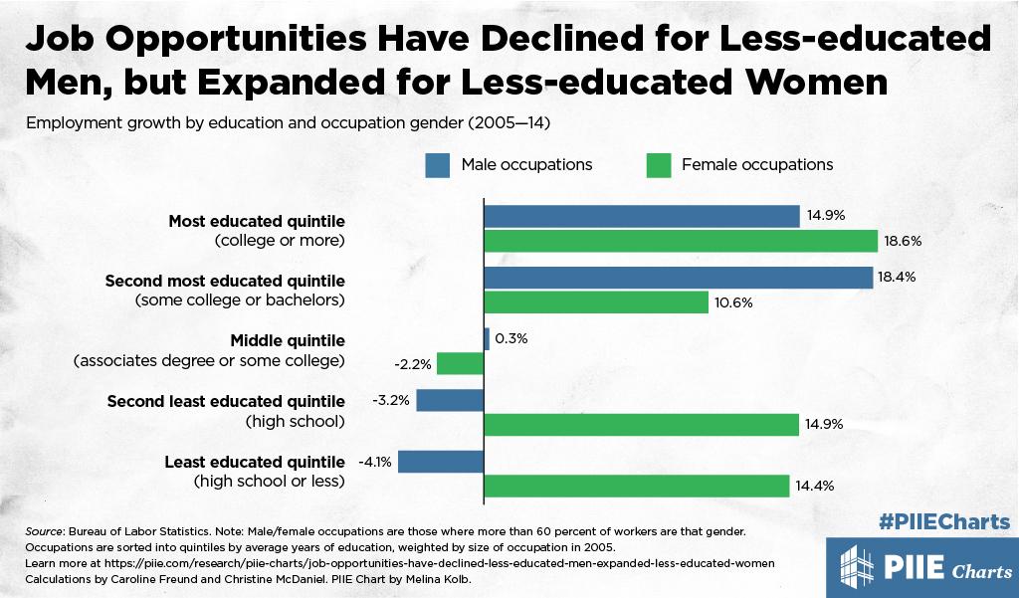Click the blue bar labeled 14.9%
(x=642, y=216)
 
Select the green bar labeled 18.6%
(x=681, y=241)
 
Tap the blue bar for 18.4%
(x=679, y=278)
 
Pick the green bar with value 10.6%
(x=595, y=301)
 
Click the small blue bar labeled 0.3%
(x=487, y=339)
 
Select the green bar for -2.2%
(x=461, y=363)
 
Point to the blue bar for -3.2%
(x=450, y=400)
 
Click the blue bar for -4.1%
(x=441, y=462)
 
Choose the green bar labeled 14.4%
(x=636, y=486)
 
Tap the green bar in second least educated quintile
(x=642, y=425)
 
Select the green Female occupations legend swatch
(x=660, y=164)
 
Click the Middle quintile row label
(x=287, y=339)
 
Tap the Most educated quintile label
(x=257, y=221)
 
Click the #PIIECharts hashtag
(x=946, y=521)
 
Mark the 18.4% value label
(x=896, y=278)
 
